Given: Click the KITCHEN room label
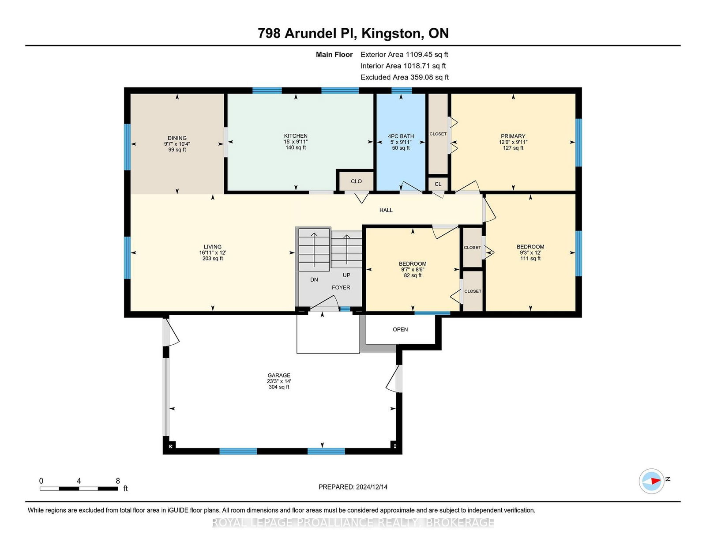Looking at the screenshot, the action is (295, 136).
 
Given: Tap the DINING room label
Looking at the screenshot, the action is (177, 138).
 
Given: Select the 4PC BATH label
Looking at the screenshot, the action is (401, 136).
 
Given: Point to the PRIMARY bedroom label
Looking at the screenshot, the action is (513, 136).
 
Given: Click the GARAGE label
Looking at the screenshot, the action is (279, 375).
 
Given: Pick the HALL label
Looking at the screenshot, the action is (386, 210).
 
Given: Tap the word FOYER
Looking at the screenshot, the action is (341, 288).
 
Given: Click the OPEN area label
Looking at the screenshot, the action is (400, 330).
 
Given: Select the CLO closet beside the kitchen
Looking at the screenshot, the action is (356, 181).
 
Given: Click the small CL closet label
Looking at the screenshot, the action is (438, 184).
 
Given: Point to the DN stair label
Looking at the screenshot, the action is (314, 279).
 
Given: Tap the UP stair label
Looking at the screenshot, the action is (346, 275).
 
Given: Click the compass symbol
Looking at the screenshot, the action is (651, 481).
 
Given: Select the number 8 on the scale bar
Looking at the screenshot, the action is (118, 481).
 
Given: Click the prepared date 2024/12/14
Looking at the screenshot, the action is (372, 487).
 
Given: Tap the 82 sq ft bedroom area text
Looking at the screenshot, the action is (413, 275).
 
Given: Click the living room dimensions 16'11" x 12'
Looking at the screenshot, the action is (213, 252).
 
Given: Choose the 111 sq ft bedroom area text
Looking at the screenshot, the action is (530, 258).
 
